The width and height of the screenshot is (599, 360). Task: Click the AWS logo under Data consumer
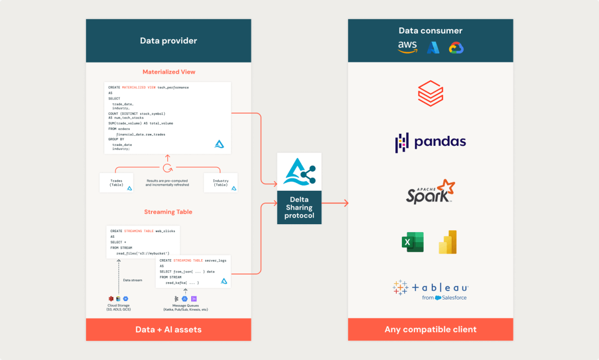coord(407,47)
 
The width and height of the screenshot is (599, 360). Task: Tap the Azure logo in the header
coord(432,47)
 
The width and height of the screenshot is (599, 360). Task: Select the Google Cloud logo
coord(456,47)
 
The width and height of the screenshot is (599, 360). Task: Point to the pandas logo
coord(430,142)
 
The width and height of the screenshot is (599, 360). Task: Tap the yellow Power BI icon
coord(448,242)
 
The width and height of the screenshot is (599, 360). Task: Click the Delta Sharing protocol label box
coord(299,207)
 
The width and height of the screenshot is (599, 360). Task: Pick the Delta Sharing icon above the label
coord(299,171)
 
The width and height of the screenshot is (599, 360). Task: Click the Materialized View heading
coord(169,72)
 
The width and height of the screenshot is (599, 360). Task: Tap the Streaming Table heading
coord(168,212)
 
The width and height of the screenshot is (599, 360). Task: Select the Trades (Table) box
coord(116,182)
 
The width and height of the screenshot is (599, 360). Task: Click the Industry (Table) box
coord(221,182)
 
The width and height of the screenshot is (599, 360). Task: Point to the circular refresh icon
coord(168,168)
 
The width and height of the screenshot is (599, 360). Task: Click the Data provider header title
coord(168,41)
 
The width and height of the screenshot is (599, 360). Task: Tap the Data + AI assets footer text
coord(168,330)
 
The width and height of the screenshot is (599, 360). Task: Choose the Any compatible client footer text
coord(430,330)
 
